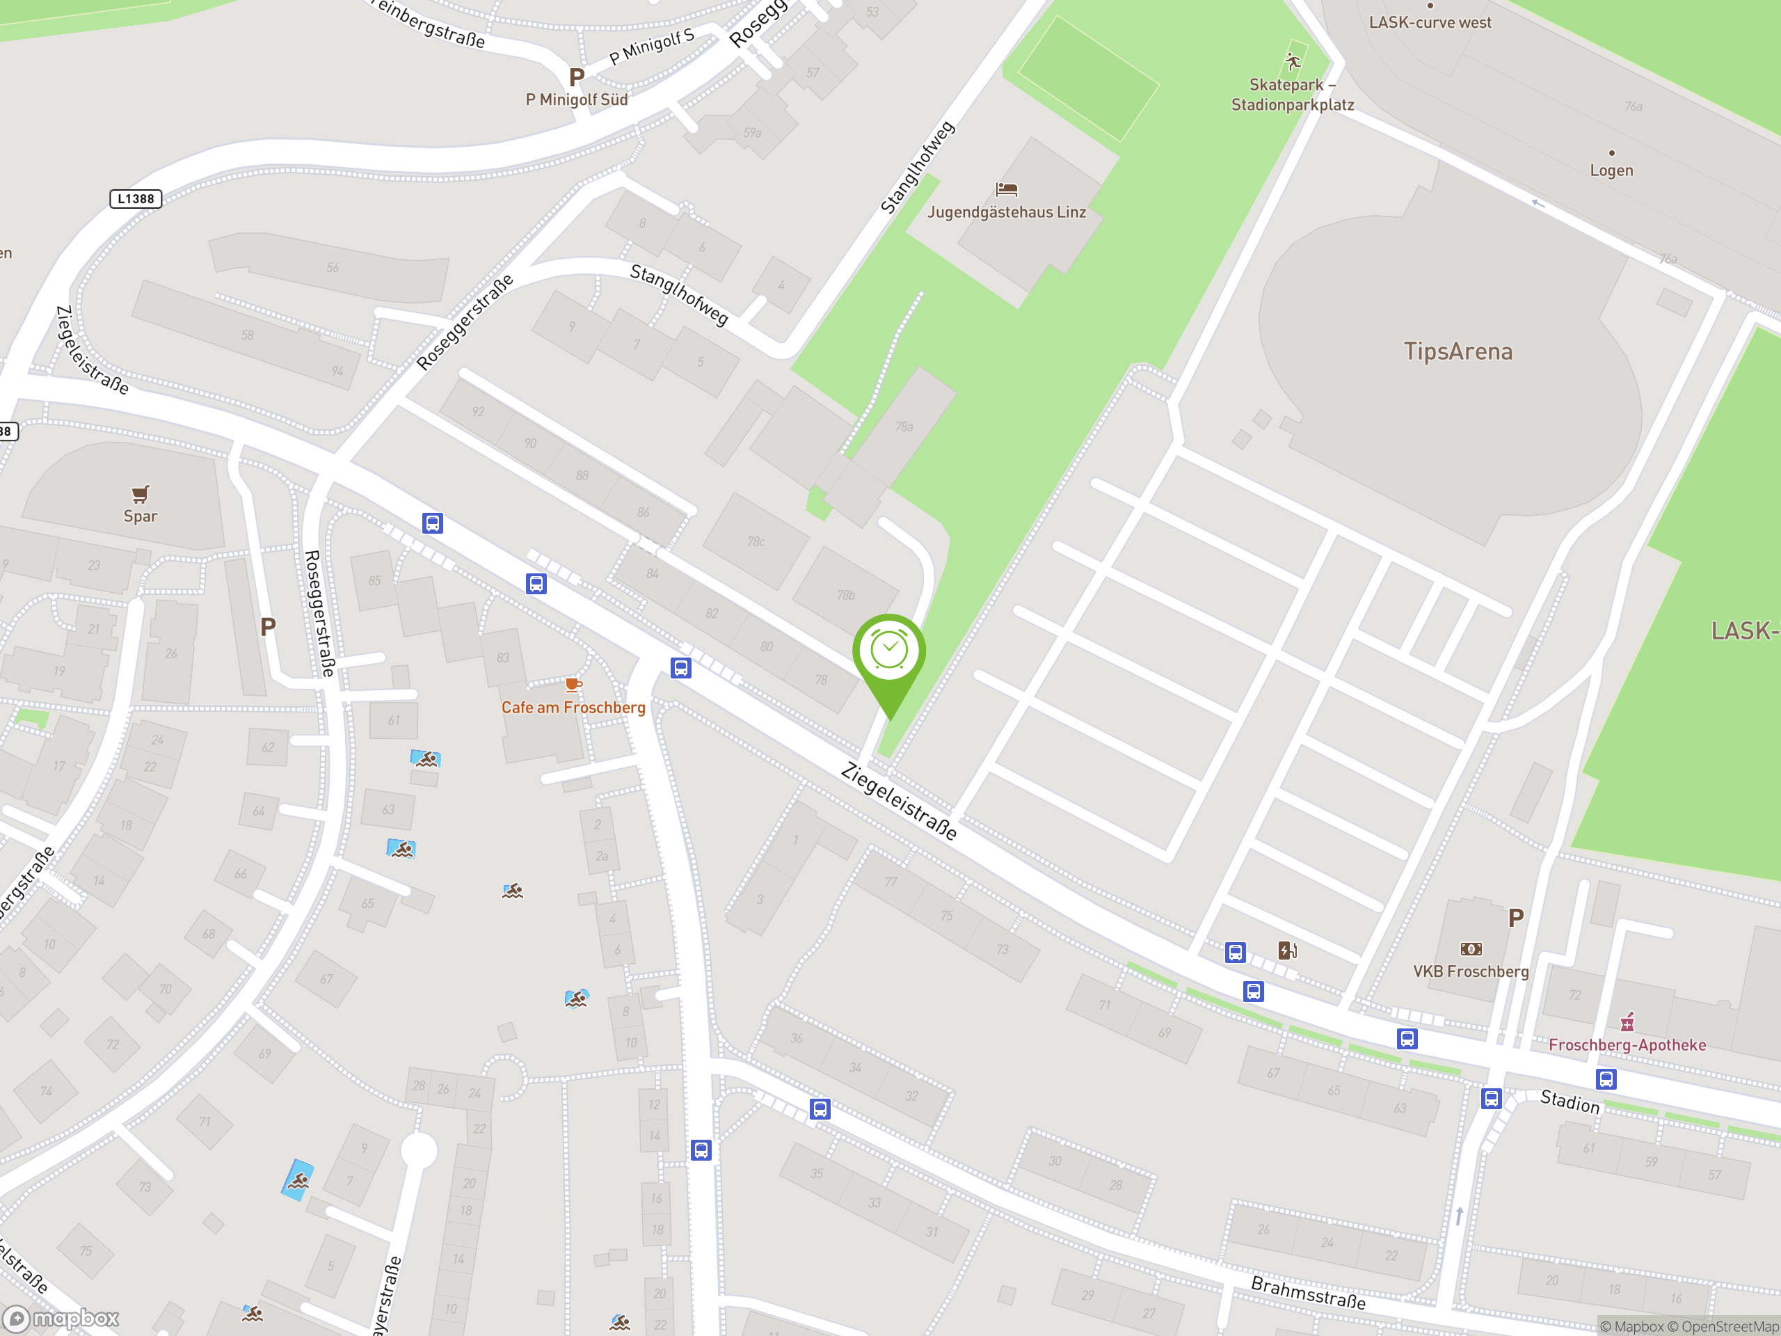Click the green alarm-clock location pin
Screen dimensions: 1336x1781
pyautogui.click(x=889, y=651)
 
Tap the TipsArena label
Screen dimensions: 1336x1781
pyautogui.click(x=1457, y=351)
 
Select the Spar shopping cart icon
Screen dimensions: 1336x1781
pyautogui.click(x=140, y=493)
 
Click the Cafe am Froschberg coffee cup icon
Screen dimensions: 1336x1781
pyautogui.click(x=573, y=685)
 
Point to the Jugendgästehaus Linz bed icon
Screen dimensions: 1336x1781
pyautogui.click(x=1007, y=189)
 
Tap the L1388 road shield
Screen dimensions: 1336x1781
pyautogui.click(x=135, y=199)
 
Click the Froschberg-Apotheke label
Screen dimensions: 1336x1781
pyautogui.click(x=1627, y=1044)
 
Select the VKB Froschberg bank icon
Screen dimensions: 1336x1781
pyautogui.click(x=1470, y=948)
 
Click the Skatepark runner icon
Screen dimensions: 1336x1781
pyautogui.click(x=1293, y=62)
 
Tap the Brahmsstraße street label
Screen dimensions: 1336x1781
pyautogui.click(x=1307, y=1291)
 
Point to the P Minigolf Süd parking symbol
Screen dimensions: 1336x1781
pyautogui.click(x=577, y=77)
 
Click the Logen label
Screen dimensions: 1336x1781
pyautogui.click(x=1611, y=170)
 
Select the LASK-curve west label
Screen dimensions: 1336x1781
pyautogui.click(x=1430, y=22)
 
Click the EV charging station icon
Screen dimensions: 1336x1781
pyautogui.click(x=1286, y=951)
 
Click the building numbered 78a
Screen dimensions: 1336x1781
pyautogui.click(x=904, y=427)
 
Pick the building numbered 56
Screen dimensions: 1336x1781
pyautogui.click(x=333, y=267)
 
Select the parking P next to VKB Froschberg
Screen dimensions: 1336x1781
pyautogui.click(x=1515, y=918)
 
